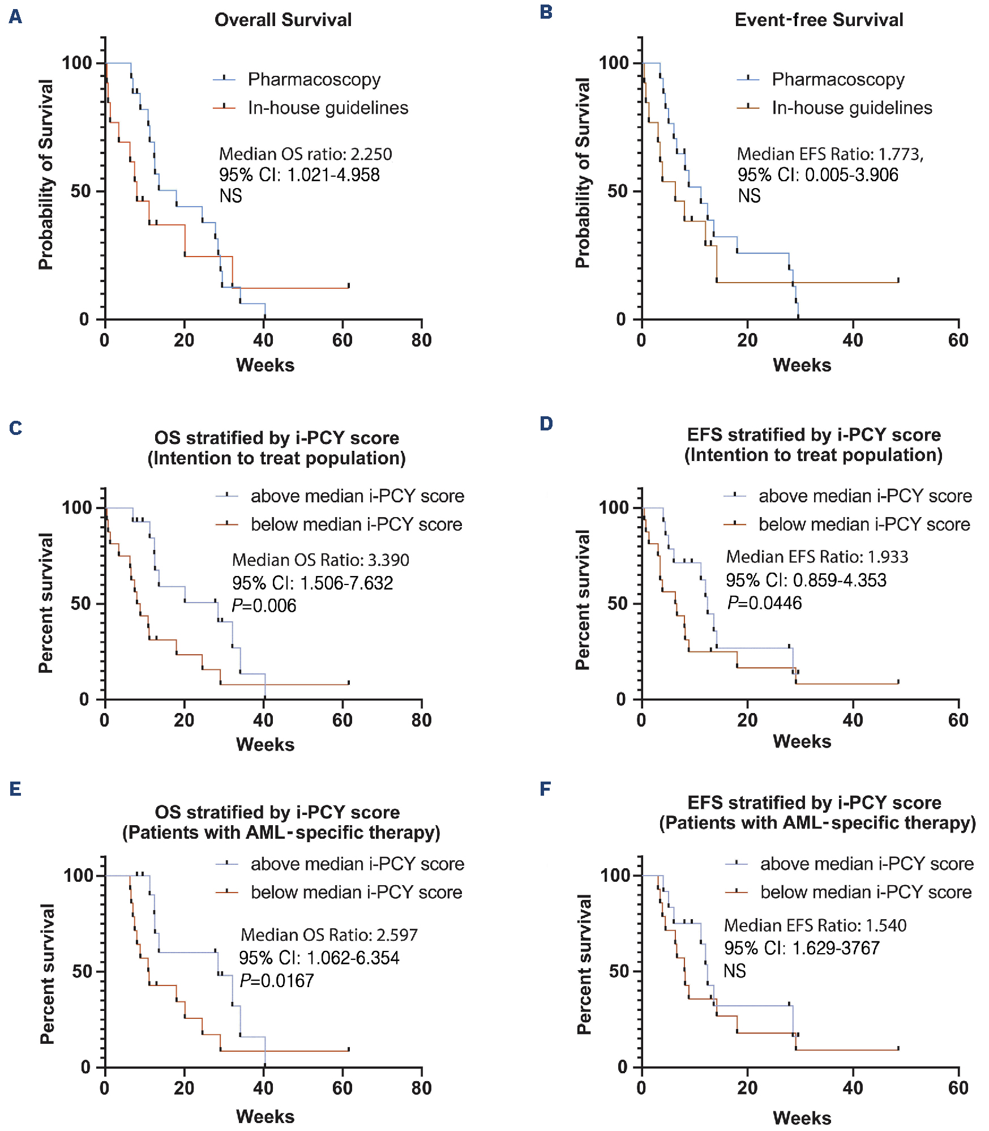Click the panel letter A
click(x=15, y=16)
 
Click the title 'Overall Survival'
click(x=283, y=20)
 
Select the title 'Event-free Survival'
click(x=819, y=20)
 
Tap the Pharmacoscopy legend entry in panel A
click(x=314, y=79)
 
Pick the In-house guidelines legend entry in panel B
click(x=851, y=108)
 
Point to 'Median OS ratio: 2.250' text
click(x=305, y=154)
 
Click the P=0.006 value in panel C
click(x=264, y=605)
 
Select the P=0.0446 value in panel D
click(x=764, y=603)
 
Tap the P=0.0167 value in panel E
click(x=276, y=980)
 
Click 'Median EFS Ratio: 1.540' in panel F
click(x=815, y=925)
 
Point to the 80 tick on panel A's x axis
click(x=422, y=340)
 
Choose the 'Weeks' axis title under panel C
click(x=265, y=744)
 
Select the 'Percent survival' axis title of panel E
click(x=48, y=974)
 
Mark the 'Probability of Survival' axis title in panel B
click(x=583, y=173)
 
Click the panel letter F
click(x=545, y=789)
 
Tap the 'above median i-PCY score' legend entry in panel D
click(x=865, y=496)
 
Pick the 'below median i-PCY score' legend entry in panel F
click(x=866, y=892)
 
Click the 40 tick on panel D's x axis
click(x=853, y=720)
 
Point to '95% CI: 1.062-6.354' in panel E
click(x=319, y=958)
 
